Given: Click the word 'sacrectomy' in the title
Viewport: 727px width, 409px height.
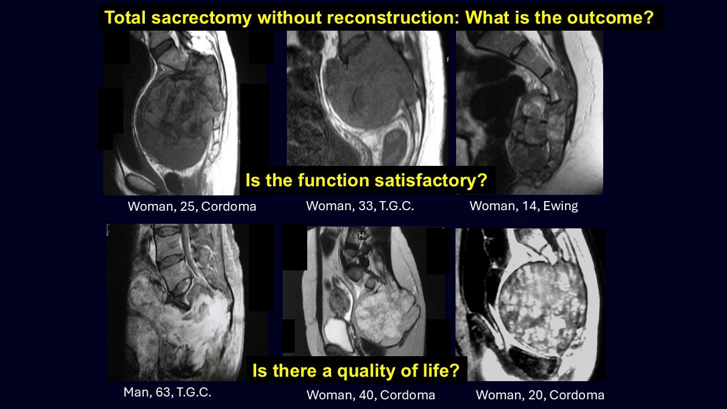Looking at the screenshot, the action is (202, 18).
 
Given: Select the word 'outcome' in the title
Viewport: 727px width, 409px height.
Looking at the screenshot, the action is (606, 17).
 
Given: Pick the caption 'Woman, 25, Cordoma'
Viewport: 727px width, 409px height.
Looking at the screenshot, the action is (192, 206).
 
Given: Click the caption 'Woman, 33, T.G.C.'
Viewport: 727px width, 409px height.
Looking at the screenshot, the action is (360, 206).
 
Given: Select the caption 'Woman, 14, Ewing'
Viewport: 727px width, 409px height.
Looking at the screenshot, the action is (524, 206).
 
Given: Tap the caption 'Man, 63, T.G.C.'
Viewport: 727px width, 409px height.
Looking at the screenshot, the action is (168, 392).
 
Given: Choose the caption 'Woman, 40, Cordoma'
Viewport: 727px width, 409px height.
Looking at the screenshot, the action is (371, 395).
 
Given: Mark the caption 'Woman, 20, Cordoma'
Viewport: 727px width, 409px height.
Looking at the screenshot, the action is (540, 395).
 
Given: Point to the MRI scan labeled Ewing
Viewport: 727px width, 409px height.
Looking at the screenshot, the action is (529, 112).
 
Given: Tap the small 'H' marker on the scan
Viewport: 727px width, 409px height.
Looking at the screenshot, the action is (361, 235).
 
